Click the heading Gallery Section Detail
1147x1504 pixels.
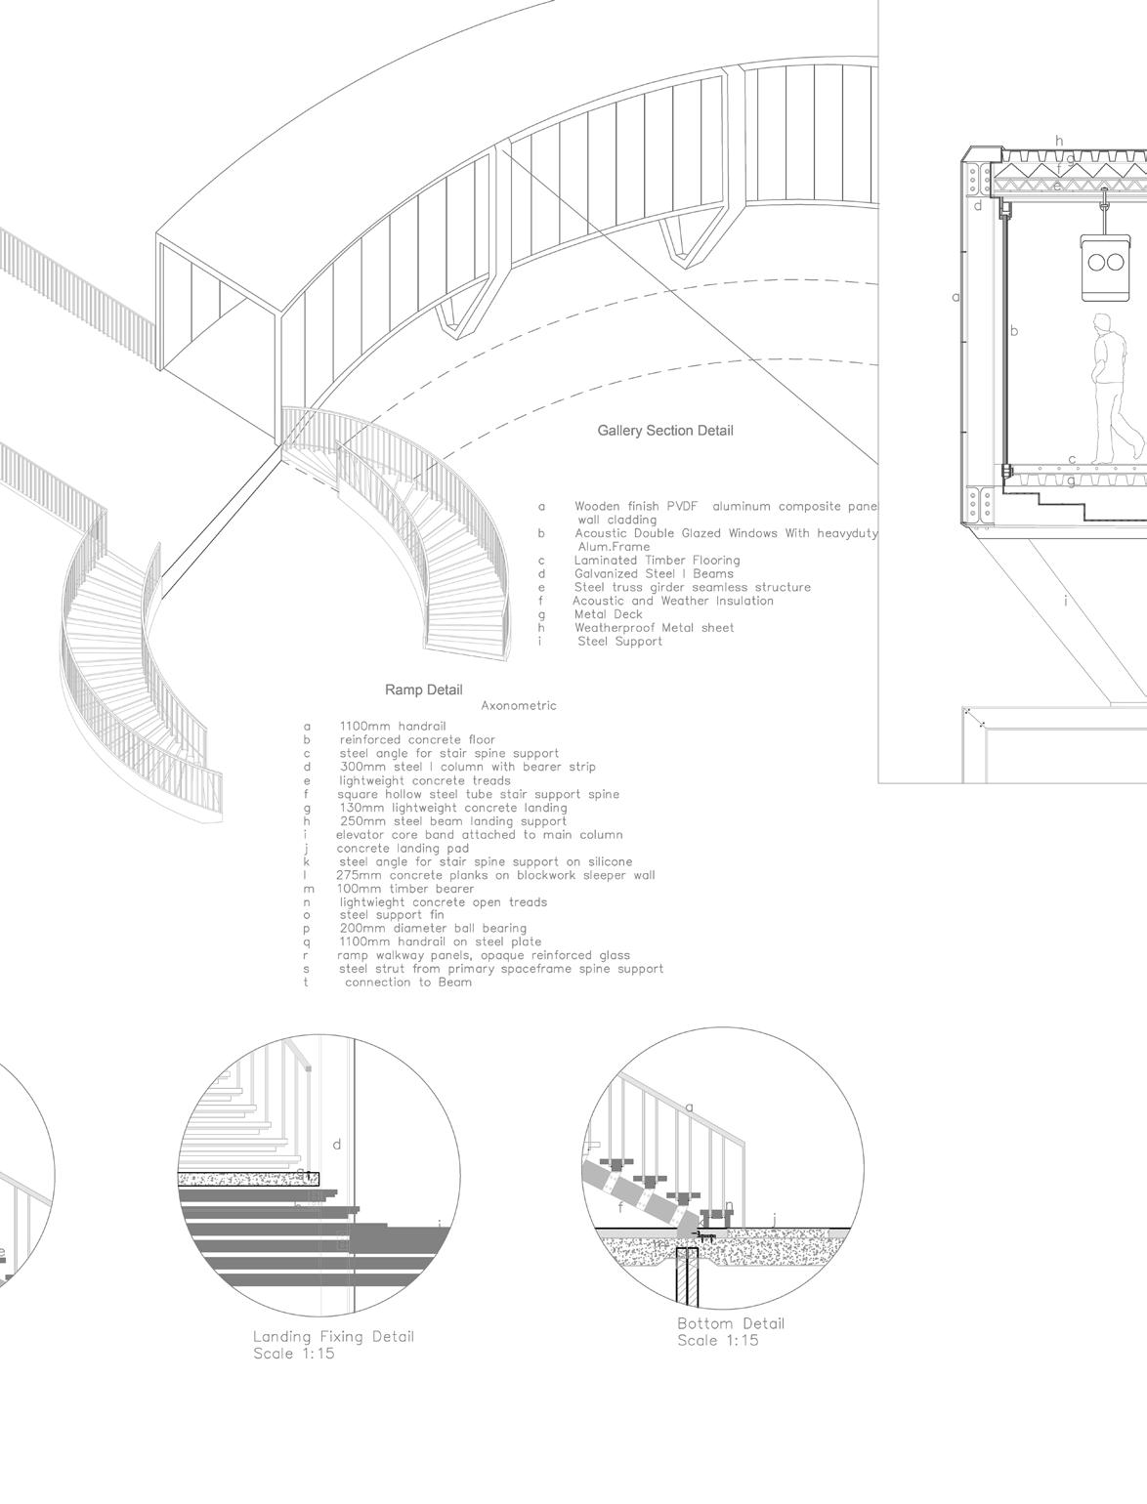tap(664, 431)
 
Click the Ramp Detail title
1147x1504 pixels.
tap(423, 690)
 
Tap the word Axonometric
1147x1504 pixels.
tap(519, 705)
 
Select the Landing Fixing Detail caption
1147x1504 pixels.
tap(333, 1336)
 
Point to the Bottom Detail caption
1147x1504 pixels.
tap(731, 1323)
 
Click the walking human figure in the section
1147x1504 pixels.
tap(1113, 389)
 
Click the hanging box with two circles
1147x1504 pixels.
tap(1104, 261)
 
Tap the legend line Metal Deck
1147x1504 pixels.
tap(608, 614)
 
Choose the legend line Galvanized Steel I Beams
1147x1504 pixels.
tap(653, 574)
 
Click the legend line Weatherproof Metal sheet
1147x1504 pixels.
tap(654, 628)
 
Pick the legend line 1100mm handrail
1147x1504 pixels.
tap(392, 727)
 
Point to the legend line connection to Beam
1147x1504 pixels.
tap(407, 982)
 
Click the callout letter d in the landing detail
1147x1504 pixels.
tap(337, 1144)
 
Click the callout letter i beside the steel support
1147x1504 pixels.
tap(1066, 601)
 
